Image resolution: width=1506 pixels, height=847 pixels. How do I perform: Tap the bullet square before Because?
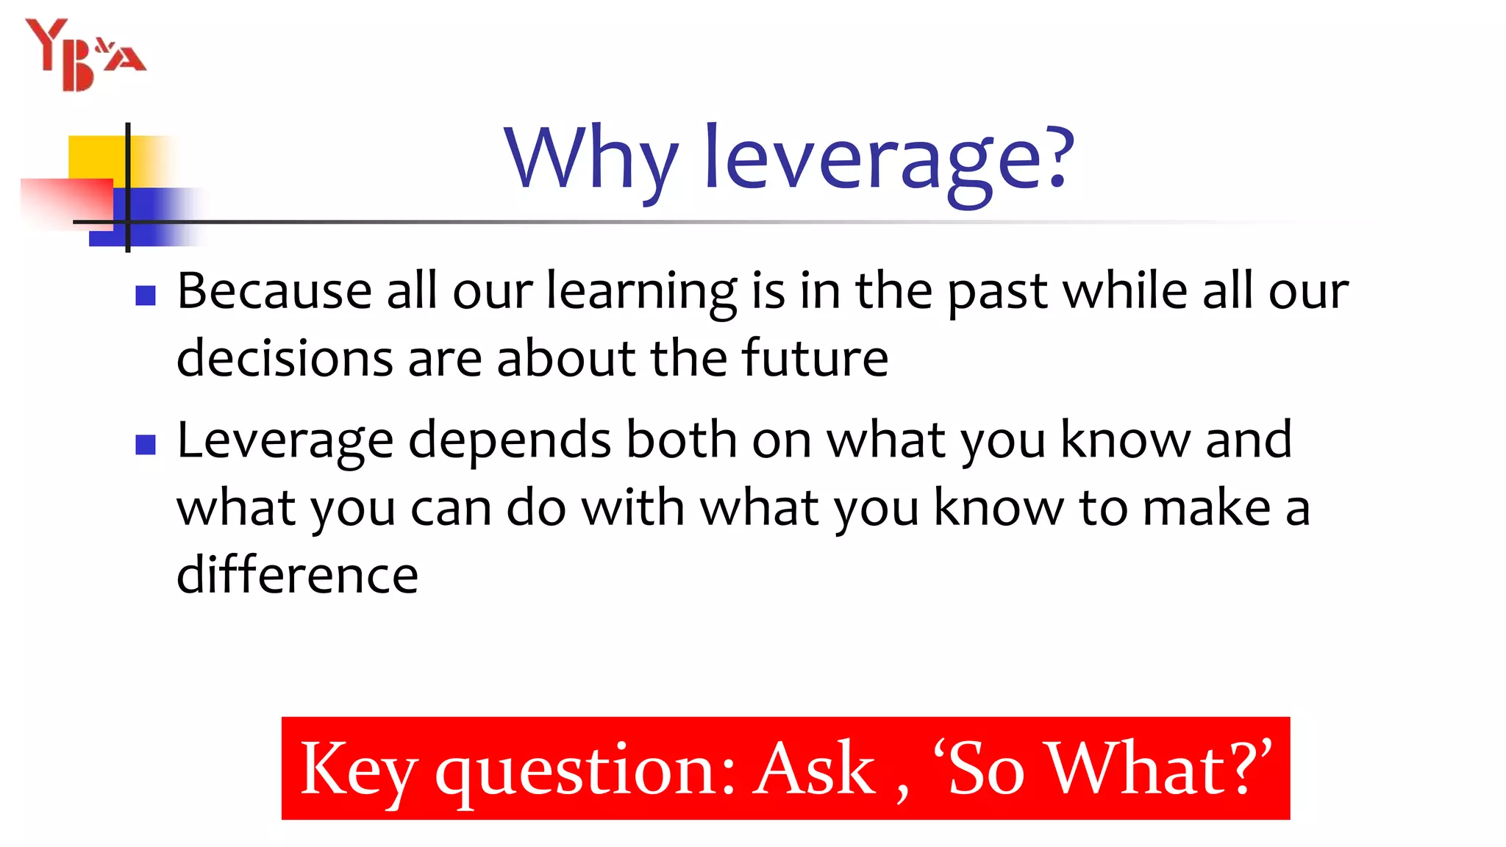tap(146, 296)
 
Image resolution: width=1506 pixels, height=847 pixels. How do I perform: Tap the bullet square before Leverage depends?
tap(146, 445)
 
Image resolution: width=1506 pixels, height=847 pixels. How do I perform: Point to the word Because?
tap(274, 291)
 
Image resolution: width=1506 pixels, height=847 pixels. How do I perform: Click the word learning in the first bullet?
tap(641, 293)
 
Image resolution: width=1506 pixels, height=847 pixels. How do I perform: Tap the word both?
tap(681, 440)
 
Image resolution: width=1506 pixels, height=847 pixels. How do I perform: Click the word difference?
tap(297, 575)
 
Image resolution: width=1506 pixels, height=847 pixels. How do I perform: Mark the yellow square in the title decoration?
tap(96, 157)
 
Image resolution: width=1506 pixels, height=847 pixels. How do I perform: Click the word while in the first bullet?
tap(1125, 291)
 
